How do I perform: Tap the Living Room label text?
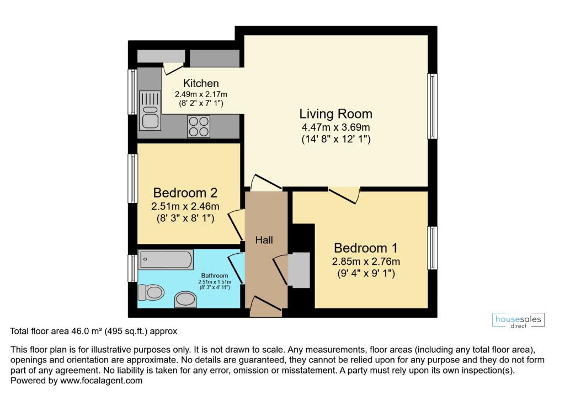point(335,114)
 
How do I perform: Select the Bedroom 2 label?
point(185,193)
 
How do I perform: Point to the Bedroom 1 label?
point(365,248)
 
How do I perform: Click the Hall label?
point(264,240)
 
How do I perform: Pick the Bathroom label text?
point(214,275)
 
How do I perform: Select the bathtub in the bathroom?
point(166,259)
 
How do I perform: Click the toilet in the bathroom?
point(151,291)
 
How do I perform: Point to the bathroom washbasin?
point(186,300)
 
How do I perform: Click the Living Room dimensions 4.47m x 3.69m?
point(335,128)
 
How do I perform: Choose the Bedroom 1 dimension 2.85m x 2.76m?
point(366,261)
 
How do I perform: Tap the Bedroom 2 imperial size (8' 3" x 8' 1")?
point(185,219)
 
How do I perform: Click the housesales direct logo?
point(518,321)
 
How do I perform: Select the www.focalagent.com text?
point(101,381)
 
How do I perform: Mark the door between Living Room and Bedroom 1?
point(345,193)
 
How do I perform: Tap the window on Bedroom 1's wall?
point(433,248)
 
